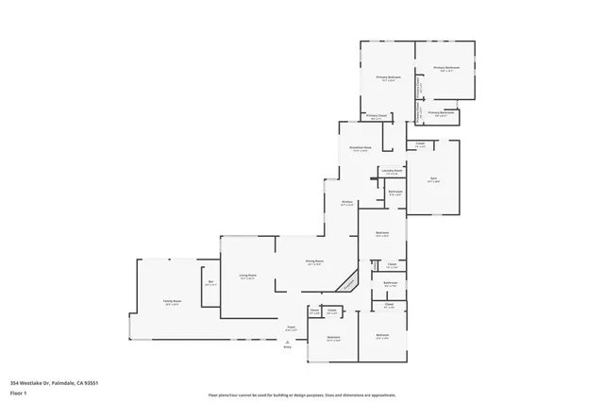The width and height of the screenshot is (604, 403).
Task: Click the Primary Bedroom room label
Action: (389, 77)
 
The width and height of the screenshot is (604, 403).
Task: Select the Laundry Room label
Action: (393, 171)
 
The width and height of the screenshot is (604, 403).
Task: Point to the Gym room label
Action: (433, 179)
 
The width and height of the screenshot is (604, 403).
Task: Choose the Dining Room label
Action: (314, 262)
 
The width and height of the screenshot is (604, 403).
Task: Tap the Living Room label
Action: (247, 277)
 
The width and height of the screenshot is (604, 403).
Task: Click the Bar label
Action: (210, 282)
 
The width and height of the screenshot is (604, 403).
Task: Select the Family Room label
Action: (171, 302)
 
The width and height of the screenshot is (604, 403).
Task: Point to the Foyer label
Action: (292, 327)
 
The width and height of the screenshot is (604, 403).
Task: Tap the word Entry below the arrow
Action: (287, 348)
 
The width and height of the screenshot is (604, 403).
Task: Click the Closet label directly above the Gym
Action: (421, 144)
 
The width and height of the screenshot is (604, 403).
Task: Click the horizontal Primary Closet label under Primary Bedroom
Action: (376, 117)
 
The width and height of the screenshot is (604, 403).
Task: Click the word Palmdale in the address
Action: (63, 382)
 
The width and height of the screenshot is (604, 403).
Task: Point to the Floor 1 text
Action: (19, 392)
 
